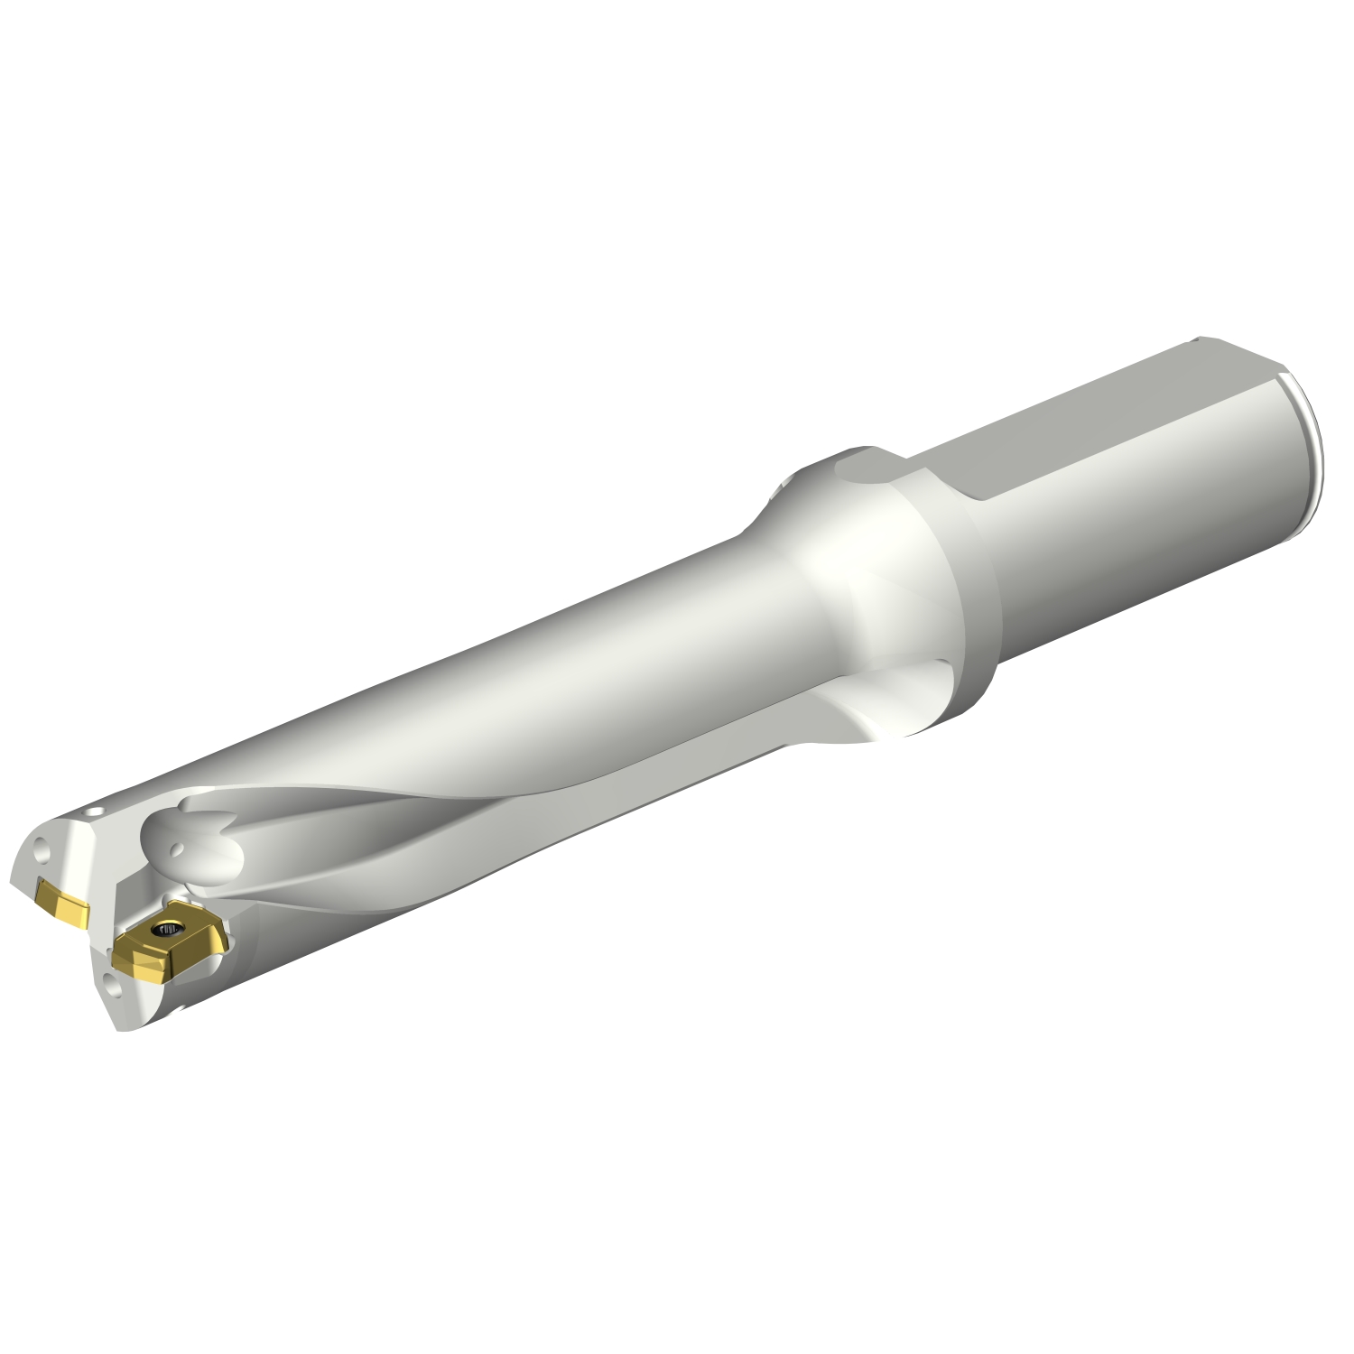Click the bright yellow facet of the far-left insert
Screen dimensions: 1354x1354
(x=72, y=907)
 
